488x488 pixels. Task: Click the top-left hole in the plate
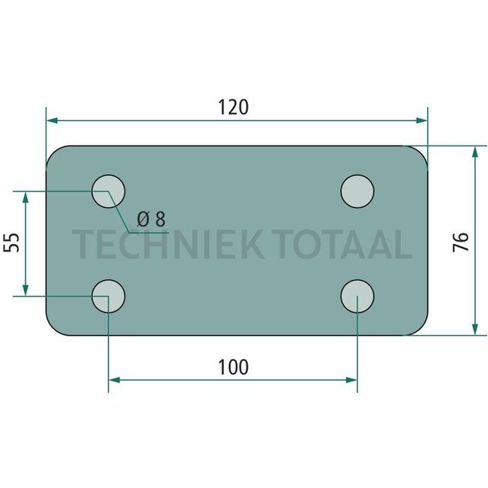109,191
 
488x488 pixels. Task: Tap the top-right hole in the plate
357,191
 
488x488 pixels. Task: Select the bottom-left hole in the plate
109,296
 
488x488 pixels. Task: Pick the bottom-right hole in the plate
357,296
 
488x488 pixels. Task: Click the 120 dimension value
233,107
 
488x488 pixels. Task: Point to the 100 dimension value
233,367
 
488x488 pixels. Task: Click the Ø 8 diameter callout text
150,219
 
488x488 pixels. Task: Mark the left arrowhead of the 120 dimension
52,120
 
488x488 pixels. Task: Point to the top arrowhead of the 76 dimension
474,152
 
